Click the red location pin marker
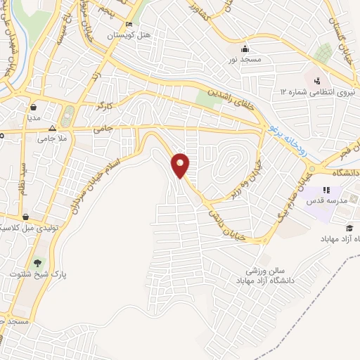pos(181,165)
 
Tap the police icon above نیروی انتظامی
pos(317,80)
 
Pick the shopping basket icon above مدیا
pos(33,108)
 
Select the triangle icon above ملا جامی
pos(52,129)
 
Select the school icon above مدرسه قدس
pos(326,190)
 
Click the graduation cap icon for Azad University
pos(349,228)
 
